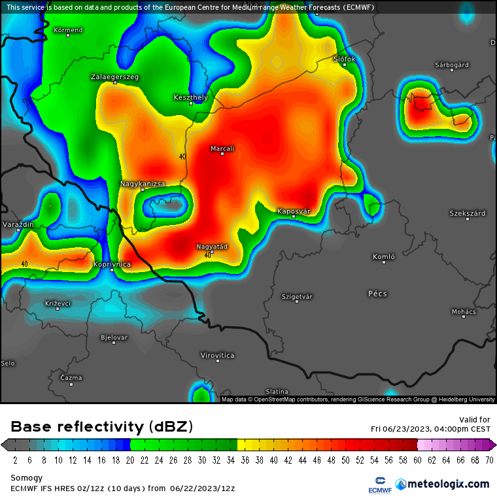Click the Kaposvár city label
coord(293,211)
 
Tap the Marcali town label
coord(222,148)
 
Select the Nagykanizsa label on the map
coord(143,184)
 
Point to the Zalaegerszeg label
coord(114,77)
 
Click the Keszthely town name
coord(190,97)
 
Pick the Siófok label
coord(344,59)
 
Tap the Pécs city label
coord(377,294)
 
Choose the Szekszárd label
coord(467,213)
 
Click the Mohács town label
coord(464,311)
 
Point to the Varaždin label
coord(18,224)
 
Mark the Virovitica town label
coord(217,355)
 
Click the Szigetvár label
coord(297,296)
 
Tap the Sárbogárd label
coord(451,65)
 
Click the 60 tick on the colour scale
coord(417,460)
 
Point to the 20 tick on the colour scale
coord(130,460)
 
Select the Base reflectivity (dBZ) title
coord(102,427)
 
